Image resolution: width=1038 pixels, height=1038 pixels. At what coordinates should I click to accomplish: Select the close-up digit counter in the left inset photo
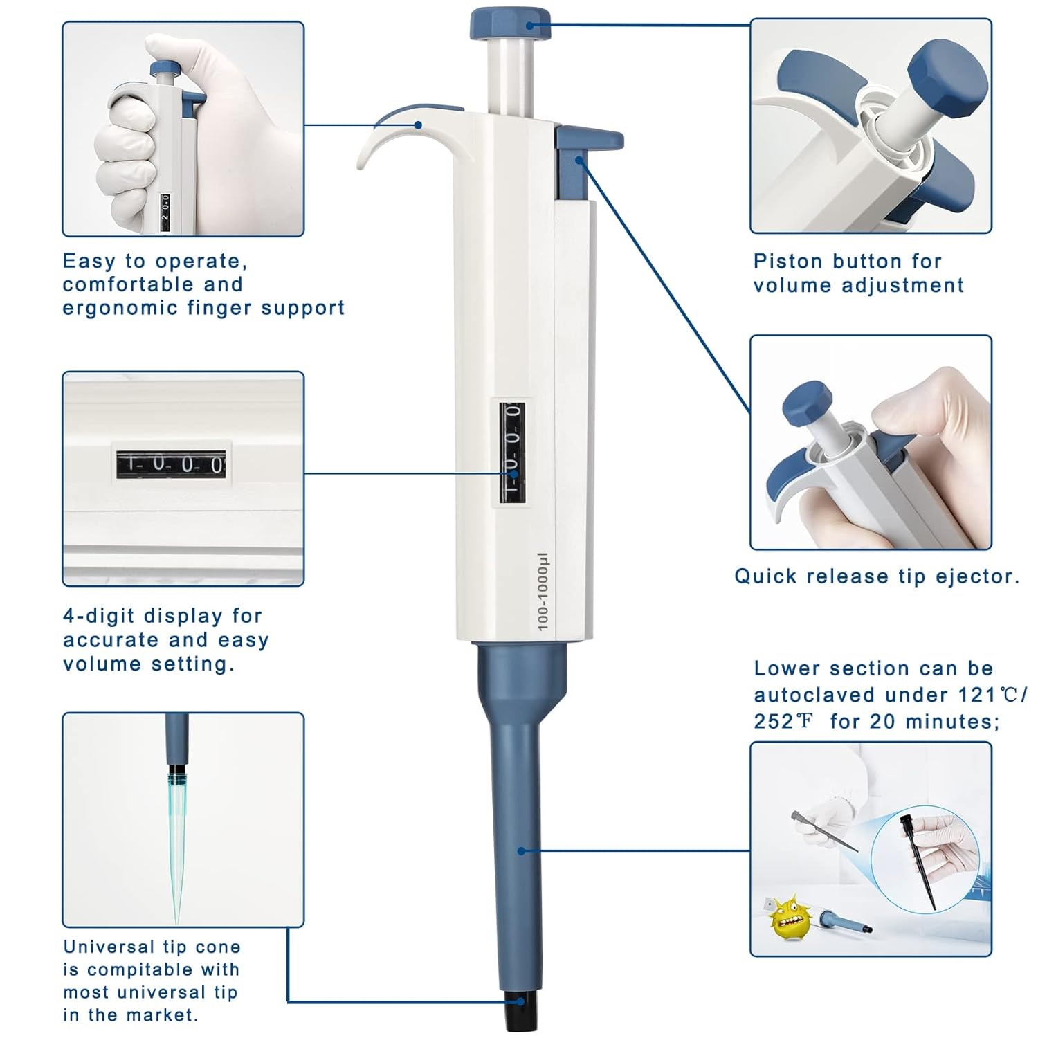point(170,463)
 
